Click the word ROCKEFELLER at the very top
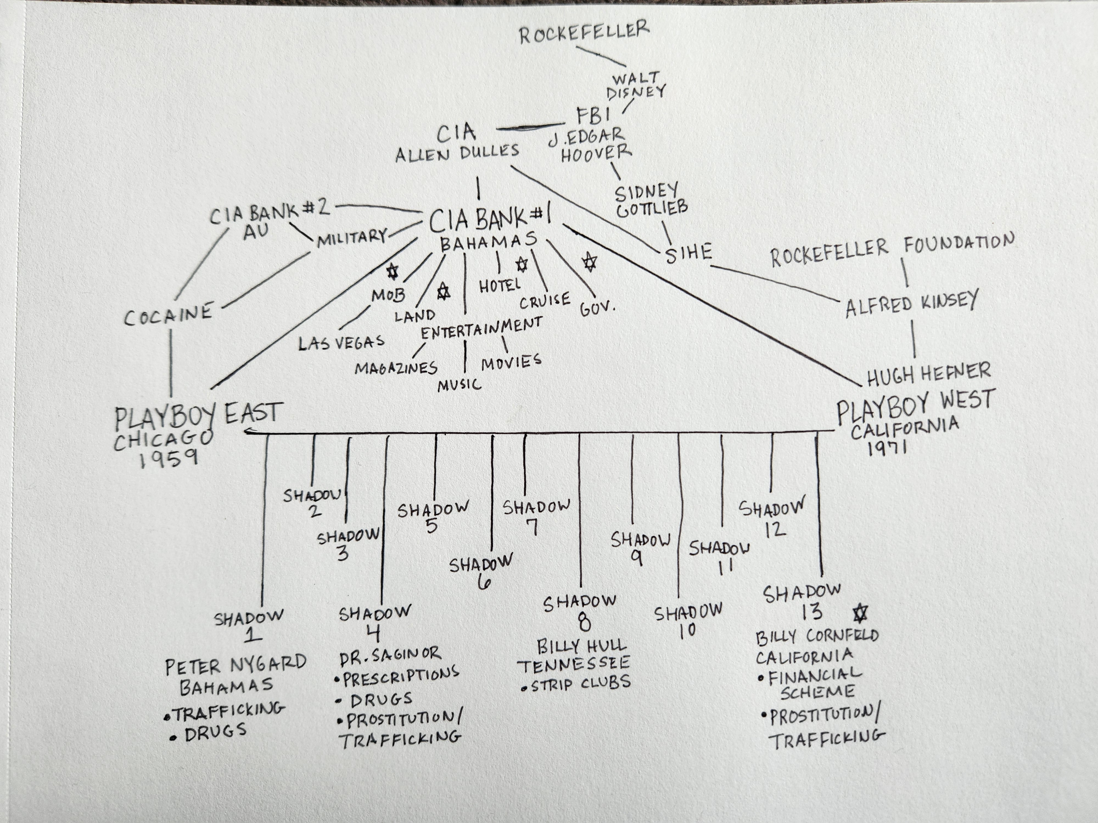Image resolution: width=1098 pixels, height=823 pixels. click(x=584, y=32)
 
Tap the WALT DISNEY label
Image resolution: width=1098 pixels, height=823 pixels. click(x=635, y=85)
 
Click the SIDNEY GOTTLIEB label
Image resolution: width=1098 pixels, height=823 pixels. click(x=651, y=201)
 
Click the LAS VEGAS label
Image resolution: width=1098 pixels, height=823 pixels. click(x=341, y=342)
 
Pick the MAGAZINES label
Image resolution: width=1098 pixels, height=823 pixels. click(x=396, y=368)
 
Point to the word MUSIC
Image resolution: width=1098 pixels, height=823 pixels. click(x=459, y=384)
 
